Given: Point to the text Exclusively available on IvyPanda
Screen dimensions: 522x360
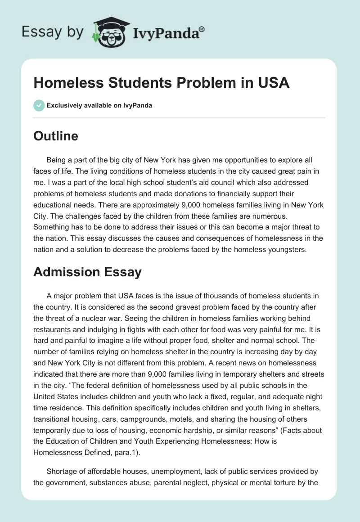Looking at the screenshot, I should click(x=99, y=105).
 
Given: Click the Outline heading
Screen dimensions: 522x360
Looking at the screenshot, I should click(x=56, y=136).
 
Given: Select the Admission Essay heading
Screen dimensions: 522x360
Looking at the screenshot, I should click(x=87, y=272).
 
